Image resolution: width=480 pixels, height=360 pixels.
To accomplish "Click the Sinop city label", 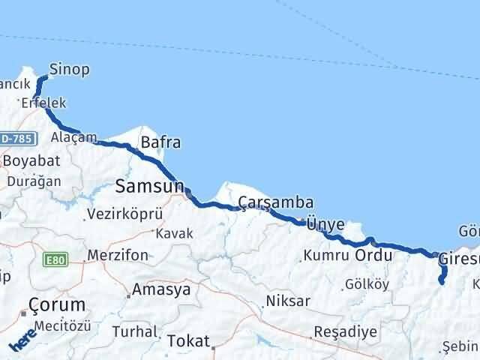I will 69,70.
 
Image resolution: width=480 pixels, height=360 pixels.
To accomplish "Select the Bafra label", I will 160,142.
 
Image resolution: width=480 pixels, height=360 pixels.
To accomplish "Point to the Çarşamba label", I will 275,202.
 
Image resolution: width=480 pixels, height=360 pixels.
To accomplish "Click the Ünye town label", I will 330,223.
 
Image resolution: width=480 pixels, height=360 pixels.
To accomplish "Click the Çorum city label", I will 56,304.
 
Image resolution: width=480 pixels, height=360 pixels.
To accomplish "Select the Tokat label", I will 187,340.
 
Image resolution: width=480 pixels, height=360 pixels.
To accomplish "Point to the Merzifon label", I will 118,255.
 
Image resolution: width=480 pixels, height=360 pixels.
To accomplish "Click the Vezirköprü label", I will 124,214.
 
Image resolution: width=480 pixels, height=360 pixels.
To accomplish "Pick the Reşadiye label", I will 342,331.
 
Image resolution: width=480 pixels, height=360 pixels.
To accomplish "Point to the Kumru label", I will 326,256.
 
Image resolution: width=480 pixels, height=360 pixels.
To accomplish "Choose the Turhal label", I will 134,331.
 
